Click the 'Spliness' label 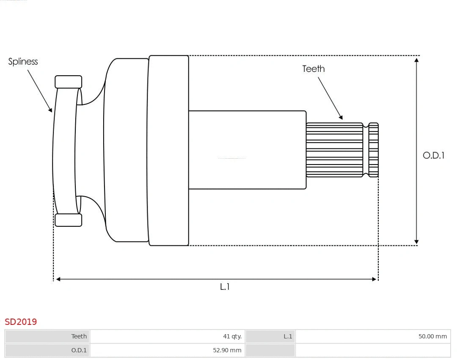23,62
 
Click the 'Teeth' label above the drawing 313,69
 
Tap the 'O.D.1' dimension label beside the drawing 433,155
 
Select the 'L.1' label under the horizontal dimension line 224,287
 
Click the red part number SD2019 21,322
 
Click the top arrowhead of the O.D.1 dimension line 417,60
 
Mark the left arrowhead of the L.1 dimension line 58,279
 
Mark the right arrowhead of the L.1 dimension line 374,279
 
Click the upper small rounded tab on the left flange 68,82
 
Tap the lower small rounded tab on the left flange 68,220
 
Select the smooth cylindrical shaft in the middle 247,150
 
